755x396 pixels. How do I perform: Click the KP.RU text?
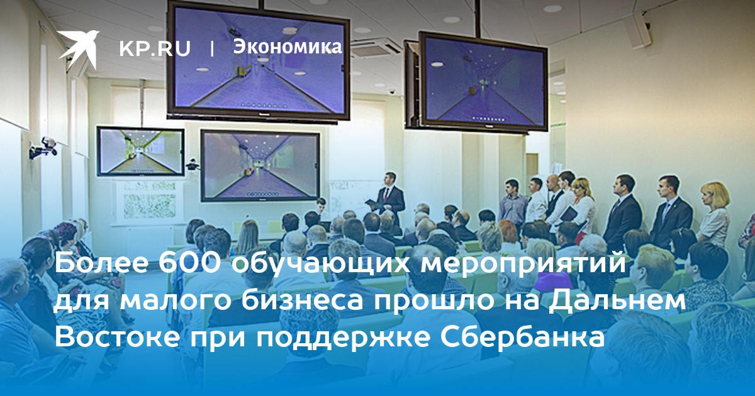click(155, 49)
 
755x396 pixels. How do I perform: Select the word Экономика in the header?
click(288, 47)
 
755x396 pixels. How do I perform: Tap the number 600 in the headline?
click(192, 264)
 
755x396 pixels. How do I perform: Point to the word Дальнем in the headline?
click(616, 301)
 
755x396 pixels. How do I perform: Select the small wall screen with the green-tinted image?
click(140, 151)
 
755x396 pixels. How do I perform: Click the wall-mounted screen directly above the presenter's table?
click(260, 166)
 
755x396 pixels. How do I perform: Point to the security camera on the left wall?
click(44, 147)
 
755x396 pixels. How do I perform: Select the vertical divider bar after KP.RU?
click(212, 48)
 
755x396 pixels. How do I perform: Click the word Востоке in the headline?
click(116, 337)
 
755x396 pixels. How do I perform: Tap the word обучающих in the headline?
click(322, 265)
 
